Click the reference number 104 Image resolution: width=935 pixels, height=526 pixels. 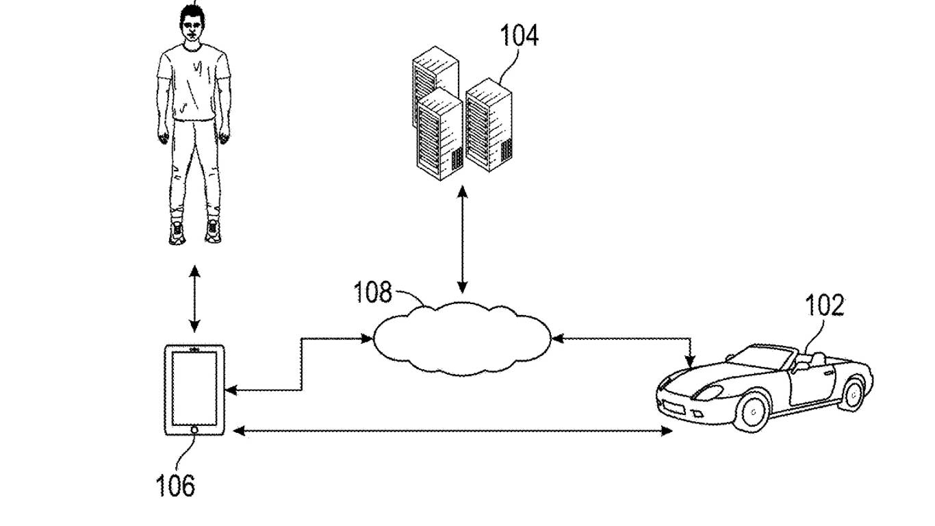pos(519,35)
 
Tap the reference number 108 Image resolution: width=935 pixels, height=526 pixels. pos(372,292)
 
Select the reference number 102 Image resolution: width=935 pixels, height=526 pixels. pos(824,305)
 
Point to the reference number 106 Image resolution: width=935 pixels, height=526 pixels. pos(175,486)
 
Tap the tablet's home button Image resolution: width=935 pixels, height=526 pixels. pos(195,430)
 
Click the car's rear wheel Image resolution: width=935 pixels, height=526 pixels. pos(854,394)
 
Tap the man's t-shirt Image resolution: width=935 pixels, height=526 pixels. pos(193,82)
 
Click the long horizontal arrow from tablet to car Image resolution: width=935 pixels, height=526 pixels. pos(452,431)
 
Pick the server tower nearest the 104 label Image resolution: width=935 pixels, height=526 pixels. pos(489,127)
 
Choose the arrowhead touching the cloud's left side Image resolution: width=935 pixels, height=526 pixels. pos(366,338)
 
